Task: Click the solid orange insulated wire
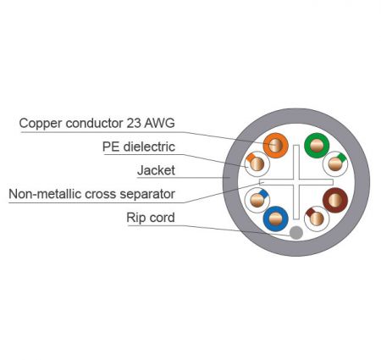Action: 275,146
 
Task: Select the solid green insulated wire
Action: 317,146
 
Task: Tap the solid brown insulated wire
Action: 335,200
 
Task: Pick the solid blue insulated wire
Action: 275,219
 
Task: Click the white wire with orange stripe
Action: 257,164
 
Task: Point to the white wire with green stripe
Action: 335,164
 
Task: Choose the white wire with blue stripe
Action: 257,200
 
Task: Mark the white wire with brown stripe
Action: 317,219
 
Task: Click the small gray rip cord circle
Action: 296,233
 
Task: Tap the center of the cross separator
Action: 296,182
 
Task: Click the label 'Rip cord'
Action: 151,218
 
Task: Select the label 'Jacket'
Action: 156,170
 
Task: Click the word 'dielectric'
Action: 149,147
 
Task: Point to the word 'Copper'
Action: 41,124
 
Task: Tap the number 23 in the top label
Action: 134,123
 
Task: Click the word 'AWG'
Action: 159,123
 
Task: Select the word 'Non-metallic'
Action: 45,194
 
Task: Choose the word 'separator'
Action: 147,195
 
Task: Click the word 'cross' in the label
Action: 101,195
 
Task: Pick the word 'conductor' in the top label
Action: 94,123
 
